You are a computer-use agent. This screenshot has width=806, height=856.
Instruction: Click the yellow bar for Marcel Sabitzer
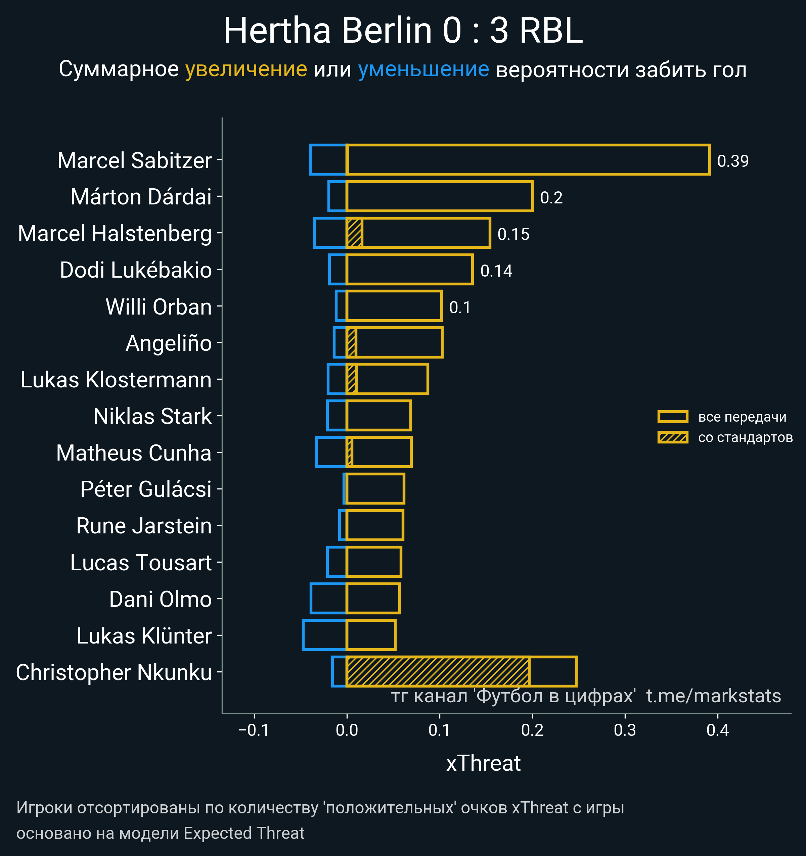(528, 160)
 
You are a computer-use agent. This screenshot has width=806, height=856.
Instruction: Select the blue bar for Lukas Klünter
(324, 635)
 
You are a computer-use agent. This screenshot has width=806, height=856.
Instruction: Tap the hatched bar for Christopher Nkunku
(438, 672)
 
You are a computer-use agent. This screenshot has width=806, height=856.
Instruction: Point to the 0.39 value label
(733, 161)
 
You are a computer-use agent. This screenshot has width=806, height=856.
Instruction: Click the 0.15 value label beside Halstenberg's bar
(513, 234)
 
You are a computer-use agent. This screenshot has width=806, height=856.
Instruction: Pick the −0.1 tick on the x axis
(254, 730)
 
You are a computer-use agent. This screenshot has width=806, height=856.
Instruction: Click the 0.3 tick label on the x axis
(625, 730)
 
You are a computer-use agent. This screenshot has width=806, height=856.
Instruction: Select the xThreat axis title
(483, 763)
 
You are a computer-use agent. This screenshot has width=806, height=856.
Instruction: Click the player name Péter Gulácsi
(146, 489)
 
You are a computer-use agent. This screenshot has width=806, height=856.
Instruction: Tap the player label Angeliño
(169, 343)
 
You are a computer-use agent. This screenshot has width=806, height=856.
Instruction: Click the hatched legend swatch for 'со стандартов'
(672, 437)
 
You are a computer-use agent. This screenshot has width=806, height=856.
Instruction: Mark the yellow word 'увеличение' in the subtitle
(246, 69)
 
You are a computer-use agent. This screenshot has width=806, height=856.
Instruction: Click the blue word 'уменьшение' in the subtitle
(423, 69)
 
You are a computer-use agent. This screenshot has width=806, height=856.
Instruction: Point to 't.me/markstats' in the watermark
(713, 696)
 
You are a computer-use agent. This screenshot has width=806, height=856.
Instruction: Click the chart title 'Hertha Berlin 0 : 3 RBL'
(403, 31)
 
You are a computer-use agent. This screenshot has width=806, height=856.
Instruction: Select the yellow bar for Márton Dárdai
(439, 197)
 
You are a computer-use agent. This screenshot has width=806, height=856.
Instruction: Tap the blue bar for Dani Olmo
(328, 599)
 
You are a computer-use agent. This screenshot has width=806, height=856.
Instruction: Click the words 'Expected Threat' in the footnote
(244, 833)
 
